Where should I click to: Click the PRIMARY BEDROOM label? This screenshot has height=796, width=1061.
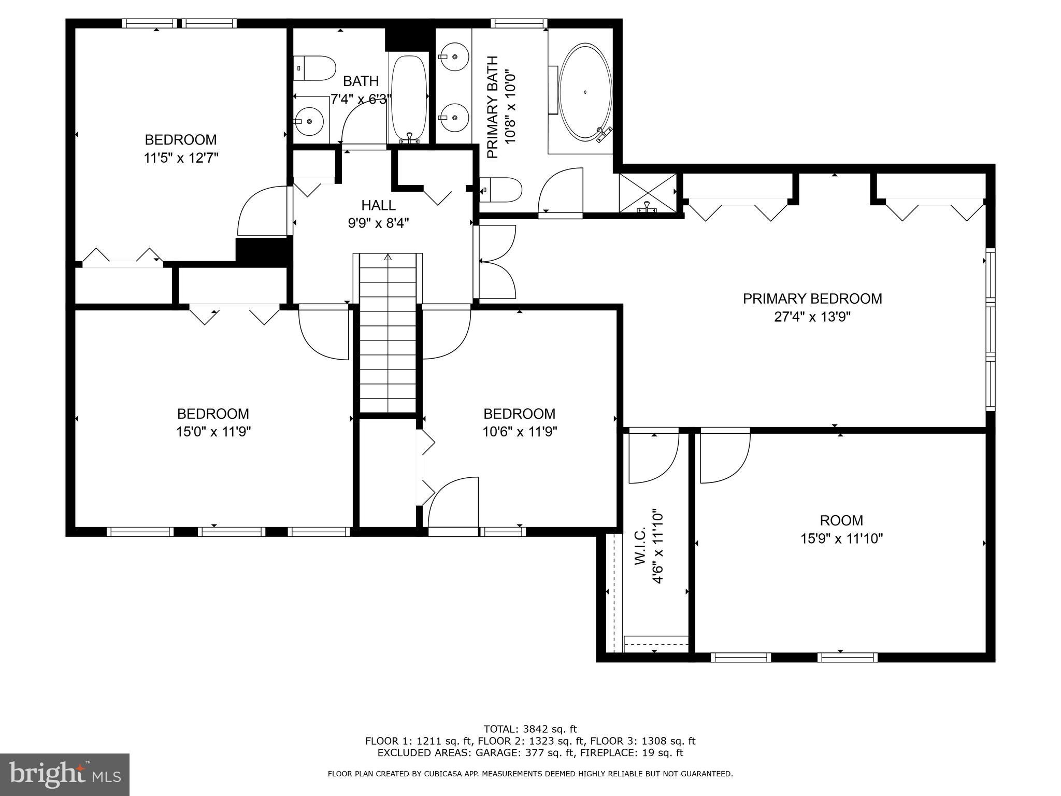pyautogui.click(x=812, y=298)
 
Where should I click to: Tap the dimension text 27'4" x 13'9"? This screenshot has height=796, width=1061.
pyautogui.click(x=812, y=317)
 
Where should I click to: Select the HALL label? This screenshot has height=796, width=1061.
pyautogui.click(x=379, y=205)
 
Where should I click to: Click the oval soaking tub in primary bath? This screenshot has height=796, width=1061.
pyautogui.click(x=585, y=92)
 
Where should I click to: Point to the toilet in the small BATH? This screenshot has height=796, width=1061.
pyautogui.click(x=315, y=68)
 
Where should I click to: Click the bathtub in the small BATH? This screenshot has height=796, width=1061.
pyautogui.click(x=409, y=98)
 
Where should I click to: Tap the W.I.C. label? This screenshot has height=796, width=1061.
pyautogui.click(x=639, y=546)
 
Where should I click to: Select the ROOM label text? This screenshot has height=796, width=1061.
pyautogui.click(x=841, y=520)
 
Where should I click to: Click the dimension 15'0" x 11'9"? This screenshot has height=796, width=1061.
pyautogui.click(x=213, y=432)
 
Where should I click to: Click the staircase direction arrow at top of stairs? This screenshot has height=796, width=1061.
pyautogui.click(x=388, y=257)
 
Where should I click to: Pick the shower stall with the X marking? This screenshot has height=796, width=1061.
pyautogui.click(x=648, y=193)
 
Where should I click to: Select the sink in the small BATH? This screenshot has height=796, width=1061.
pyautogui.click(x=309, y=121)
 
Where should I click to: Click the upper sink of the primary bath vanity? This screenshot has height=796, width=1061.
pyautogui.click(x=454, y=56)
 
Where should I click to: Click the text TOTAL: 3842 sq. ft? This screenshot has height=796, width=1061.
pyautogui.click(x=530, y=729)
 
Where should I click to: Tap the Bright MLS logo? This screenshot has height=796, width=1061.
pyautogui.click(x=65, y=774)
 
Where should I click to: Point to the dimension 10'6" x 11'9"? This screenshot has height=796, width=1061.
pyautogui.click(x=520, y=432)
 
